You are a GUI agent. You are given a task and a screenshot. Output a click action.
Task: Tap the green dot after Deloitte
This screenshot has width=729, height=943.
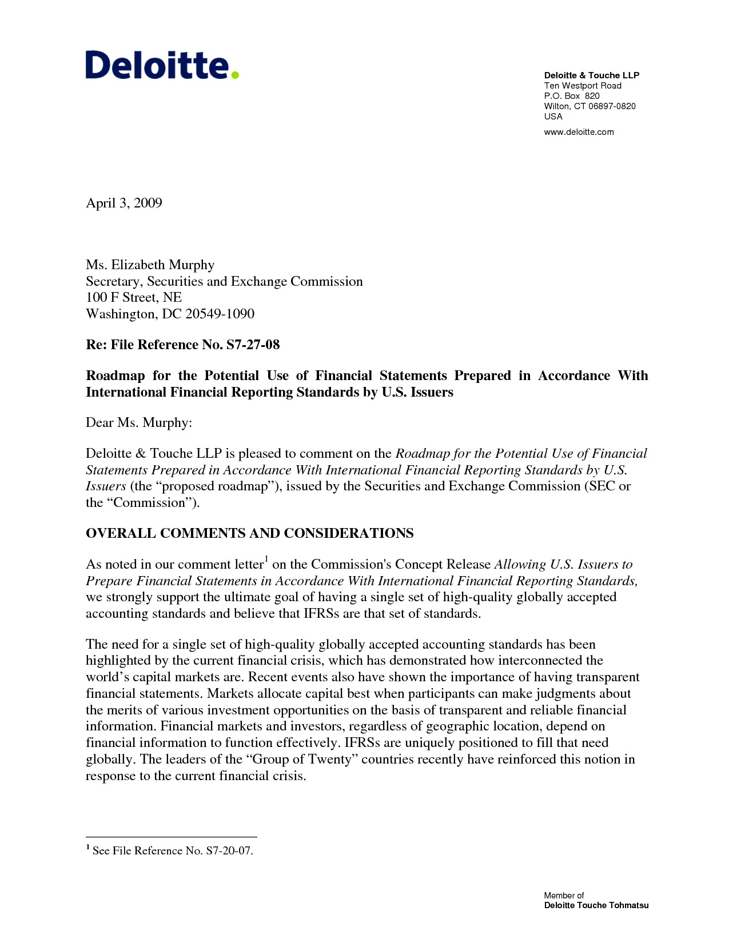[x=234, y=74]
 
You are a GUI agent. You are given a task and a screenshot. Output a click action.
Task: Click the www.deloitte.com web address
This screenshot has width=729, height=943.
[x=579, y=132]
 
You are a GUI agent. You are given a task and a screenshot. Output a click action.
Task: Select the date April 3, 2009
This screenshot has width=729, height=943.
[x=124, y=203]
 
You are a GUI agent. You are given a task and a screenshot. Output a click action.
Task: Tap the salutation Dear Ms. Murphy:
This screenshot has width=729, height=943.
[x=139, y=423]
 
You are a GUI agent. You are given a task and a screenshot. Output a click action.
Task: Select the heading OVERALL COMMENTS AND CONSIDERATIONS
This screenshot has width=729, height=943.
[x=249, y=533]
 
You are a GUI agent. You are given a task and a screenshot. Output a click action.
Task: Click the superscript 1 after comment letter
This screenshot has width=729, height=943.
[x=266, y=558]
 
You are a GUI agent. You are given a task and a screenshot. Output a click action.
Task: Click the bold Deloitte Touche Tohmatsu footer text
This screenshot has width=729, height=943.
[x=596, y=905]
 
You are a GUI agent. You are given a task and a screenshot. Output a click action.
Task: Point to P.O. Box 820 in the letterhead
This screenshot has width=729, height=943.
[x=572, y=96]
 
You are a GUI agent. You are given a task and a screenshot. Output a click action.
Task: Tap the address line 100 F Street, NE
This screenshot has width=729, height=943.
[x=134, y=297]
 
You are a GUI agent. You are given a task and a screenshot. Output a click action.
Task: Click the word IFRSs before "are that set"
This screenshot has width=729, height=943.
[x=321, y=614]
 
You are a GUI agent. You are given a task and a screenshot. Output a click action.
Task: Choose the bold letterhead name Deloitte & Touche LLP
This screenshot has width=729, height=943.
[x=591, y=75]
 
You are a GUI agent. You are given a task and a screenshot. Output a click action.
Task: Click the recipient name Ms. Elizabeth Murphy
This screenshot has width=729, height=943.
[x=150, y=265]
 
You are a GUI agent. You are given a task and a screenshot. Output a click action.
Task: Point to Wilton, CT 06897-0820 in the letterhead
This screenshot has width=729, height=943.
[x=589, y=106]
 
